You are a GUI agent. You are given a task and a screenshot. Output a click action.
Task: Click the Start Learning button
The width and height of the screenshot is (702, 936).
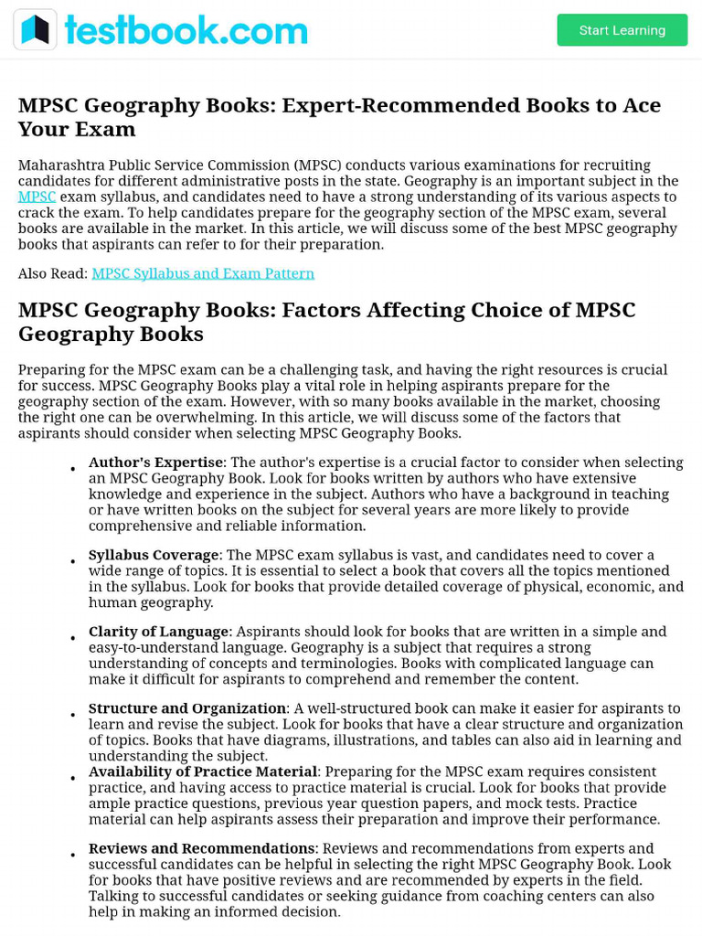pyautogui.click(x=622, y=30)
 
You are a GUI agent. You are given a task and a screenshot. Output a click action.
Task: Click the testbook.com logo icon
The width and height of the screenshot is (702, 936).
pyautogui.click(x=35, y=30)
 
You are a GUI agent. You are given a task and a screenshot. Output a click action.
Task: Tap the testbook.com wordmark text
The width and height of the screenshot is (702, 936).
pyautogui.click(x=186, y=30)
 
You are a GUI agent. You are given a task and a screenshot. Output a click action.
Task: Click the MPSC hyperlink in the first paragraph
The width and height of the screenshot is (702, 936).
pyautogui.click(x=37, y=197)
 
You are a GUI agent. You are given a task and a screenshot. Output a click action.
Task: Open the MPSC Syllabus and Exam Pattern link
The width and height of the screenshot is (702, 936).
pyautogui.click(x=203, y=273)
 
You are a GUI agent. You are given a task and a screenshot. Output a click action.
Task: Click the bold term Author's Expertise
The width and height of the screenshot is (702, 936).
pyautogui.click(x=155, y=463)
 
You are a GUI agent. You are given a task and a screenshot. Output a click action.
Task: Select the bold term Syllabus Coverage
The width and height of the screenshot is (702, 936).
pyautogui.click(x=154, y=555)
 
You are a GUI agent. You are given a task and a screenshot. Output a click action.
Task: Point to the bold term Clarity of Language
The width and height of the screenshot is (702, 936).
pyautogui.click(x=158, y=632)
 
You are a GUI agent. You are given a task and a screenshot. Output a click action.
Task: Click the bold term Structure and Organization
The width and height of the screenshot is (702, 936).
pyautogui.click(x=187, y=708)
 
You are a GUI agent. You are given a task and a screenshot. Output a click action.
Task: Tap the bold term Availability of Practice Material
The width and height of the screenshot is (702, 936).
pyautogui.click(x=203, y=771)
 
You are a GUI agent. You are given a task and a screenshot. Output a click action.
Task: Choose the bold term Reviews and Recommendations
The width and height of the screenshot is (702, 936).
pyautogui.click(x=201, y=848)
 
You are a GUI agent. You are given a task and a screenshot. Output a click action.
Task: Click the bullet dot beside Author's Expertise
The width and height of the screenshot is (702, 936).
pyautogui.click(x=72, y=470)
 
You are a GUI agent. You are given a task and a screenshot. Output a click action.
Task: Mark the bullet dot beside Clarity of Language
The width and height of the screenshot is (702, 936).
pyautogui.click(x=72, y=639)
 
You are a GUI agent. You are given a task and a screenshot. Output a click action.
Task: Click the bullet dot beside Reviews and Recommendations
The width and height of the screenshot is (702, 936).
pyautogui.click(x=72, y=856)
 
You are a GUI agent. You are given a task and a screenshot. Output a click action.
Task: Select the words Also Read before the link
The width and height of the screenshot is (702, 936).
pyautogui.click(x=51, y=273)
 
